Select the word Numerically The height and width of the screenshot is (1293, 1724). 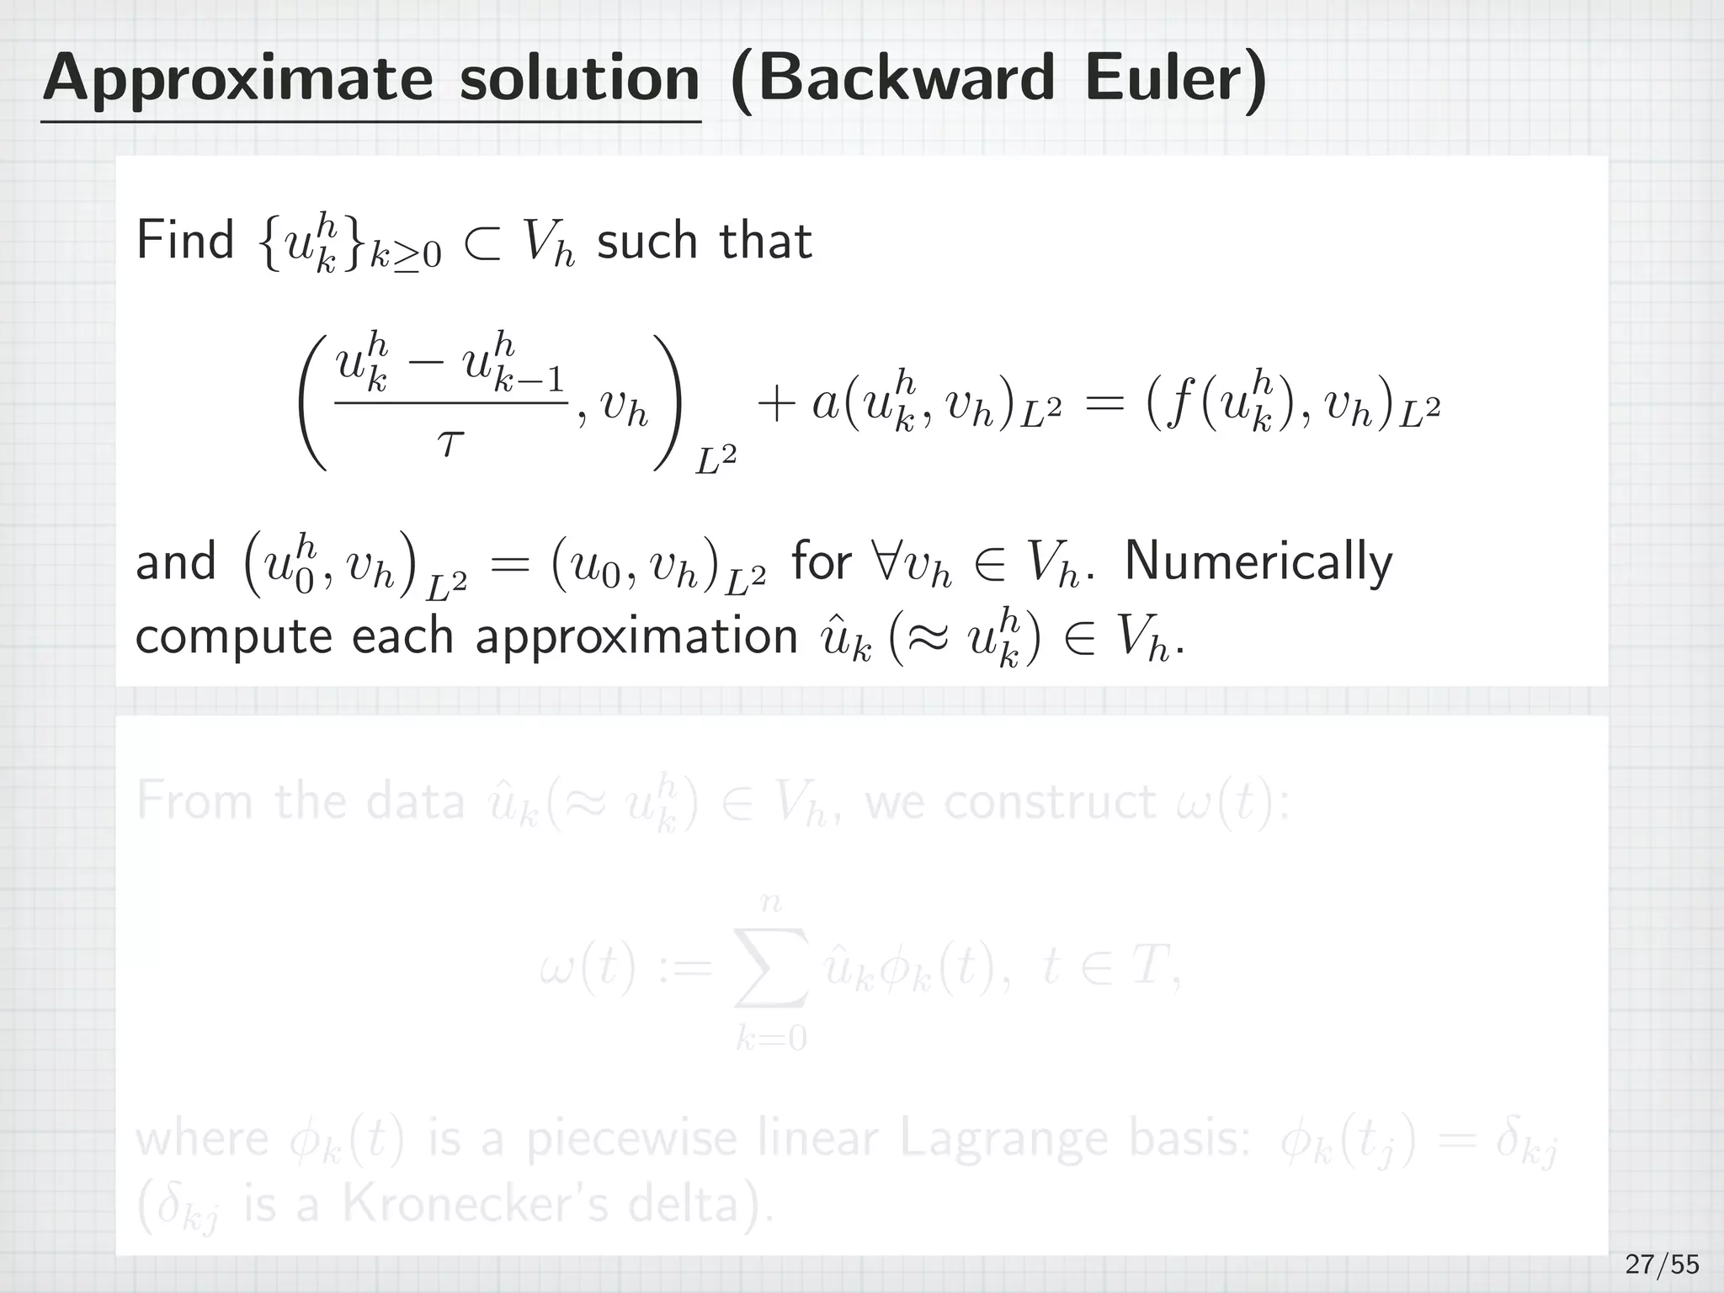(x=1258, y=561)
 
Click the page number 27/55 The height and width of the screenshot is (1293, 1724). (x=1662, y=1264)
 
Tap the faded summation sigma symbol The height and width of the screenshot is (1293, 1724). (x=772, y=967)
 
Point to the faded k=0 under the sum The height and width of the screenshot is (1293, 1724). (x=771, y=1040)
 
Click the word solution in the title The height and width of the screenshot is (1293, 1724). (x=579, y=78)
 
